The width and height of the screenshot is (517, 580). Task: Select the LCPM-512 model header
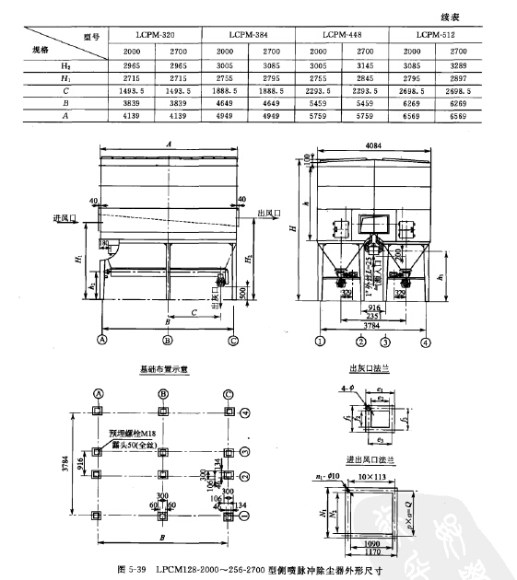435,34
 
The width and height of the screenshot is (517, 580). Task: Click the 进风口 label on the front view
65,217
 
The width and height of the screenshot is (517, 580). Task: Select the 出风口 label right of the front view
267,213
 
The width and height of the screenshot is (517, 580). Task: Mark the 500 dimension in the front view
241,292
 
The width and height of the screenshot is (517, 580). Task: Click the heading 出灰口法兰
369,366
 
